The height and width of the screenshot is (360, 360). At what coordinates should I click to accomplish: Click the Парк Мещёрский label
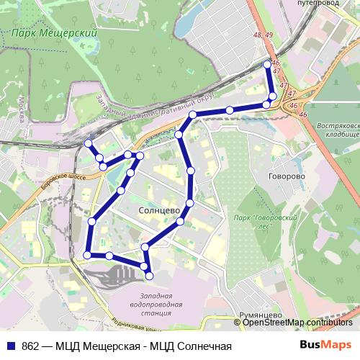[55, 33]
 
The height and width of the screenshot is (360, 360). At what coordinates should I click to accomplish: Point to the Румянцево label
[260, 315]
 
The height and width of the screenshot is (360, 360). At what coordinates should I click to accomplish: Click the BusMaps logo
[325, 346]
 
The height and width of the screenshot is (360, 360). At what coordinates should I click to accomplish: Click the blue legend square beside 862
[12, 346]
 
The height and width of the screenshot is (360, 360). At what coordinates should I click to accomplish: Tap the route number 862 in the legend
[30, 346]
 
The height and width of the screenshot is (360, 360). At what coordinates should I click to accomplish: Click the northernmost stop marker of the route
[268, 64]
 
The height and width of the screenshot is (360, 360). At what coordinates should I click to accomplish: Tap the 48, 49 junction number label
[263, 35]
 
